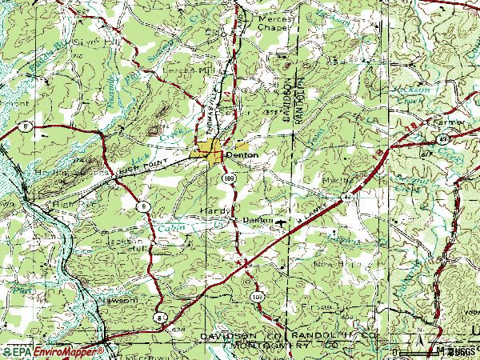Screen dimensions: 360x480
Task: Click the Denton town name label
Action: click(x=242, y=155)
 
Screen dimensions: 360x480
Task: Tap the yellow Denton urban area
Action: click(x=212, y=152)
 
